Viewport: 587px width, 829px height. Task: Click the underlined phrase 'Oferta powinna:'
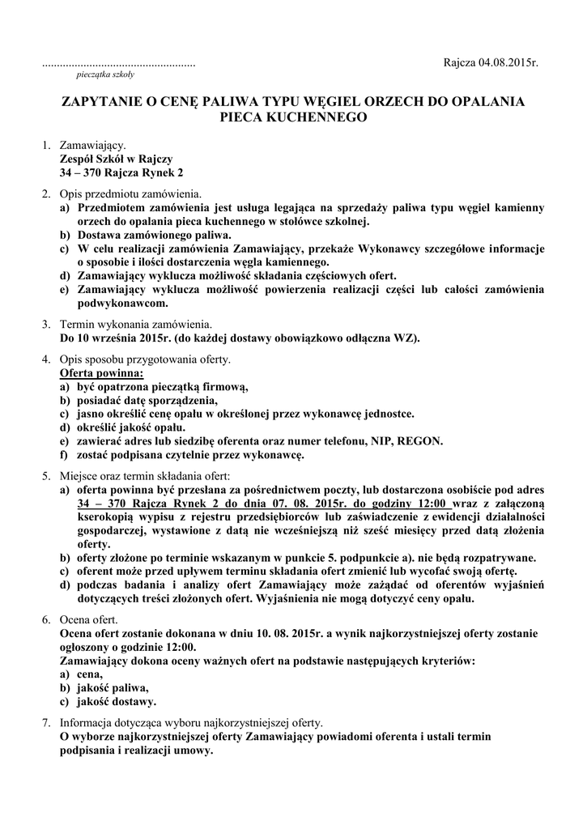coord(102,373)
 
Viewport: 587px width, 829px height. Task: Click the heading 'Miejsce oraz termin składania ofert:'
coord(145,476)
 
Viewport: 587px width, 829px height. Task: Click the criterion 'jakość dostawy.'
coord(117,701)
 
